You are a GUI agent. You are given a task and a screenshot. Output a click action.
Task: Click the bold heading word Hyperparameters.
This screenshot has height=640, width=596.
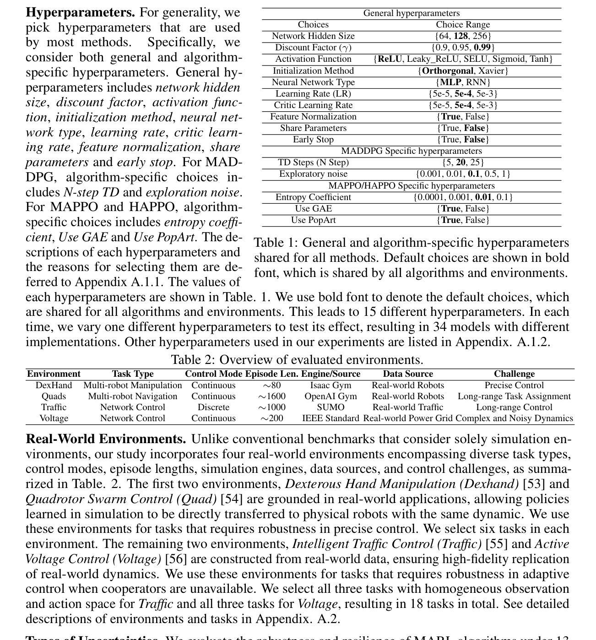[80, 12]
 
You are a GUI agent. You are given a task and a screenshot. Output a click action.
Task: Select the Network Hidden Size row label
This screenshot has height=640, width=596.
[313, 36]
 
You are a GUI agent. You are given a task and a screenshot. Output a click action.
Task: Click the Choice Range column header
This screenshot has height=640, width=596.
[463, 25]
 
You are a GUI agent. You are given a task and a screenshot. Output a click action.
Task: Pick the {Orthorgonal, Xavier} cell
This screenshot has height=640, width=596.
[463, 71]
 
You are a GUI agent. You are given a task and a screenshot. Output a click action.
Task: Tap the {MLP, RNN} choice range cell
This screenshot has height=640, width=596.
[463, 82]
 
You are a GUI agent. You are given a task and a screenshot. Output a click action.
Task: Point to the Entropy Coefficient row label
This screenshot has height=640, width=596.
[313, 197]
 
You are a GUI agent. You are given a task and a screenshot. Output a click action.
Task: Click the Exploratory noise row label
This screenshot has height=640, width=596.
[313, 174]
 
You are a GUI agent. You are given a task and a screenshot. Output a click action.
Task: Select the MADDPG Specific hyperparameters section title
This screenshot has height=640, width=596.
[411, 151]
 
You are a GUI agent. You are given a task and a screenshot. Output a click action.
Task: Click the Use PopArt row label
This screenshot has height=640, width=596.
[313, 220]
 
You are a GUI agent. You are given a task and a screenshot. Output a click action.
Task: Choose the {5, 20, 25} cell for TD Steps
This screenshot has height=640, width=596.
[463, 163]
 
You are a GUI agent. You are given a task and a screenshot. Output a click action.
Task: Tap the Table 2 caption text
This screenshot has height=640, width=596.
[297, 360]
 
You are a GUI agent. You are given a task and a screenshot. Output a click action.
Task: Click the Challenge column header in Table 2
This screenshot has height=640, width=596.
[514, 374]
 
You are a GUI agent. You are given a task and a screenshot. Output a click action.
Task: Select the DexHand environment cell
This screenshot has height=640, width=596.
[54, 385]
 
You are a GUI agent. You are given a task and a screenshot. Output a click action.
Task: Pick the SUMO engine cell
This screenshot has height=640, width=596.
[331, 407]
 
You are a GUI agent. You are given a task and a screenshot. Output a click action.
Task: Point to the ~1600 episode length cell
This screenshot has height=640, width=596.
[271, 396]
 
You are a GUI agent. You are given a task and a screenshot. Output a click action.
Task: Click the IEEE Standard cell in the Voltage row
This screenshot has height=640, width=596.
[331, 418]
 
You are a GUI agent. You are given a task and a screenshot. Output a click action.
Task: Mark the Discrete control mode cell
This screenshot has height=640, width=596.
[213, 407]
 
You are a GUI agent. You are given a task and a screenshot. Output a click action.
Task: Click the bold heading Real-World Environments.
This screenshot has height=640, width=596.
[106, 439]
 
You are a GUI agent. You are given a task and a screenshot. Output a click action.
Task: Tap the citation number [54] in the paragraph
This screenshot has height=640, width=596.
[231, 499]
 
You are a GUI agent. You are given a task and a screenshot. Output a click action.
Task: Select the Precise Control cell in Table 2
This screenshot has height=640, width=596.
[514, 385]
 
